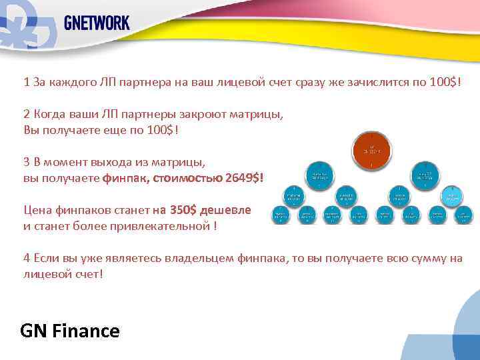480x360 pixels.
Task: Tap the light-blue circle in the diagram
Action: (454, 195)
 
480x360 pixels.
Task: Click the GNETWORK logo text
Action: (97, 23)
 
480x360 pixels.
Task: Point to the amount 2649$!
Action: (245, 178)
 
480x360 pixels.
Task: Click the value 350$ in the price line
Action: (183, 210)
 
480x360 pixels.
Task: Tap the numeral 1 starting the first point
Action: (27, 82)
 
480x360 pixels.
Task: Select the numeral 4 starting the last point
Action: (27, 258)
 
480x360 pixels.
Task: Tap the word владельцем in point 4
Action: (201, 258)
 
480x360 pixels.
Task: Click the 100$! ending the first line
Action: (444, 82)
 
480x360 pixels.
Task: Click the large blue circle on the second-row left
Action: (319, 175)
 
